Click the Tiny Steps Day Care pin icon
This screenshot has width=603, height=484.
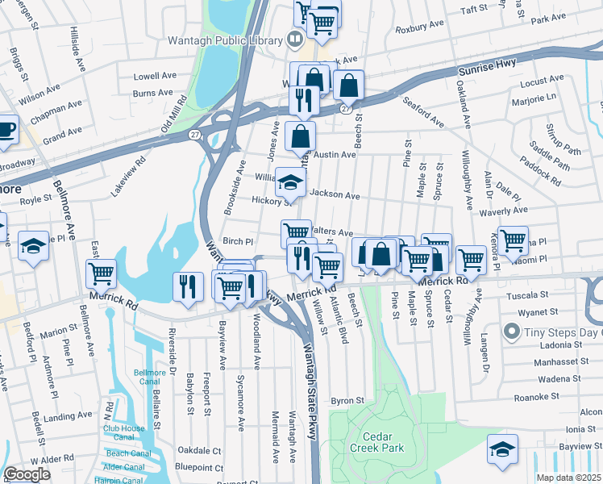[510, 332]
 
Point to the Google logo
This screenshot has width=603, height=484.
[27, 474]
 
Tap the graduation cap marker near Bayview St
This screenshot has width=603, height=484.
[502, 449]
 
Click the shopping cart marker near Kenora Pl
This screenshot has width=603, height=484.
[513, 240]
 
